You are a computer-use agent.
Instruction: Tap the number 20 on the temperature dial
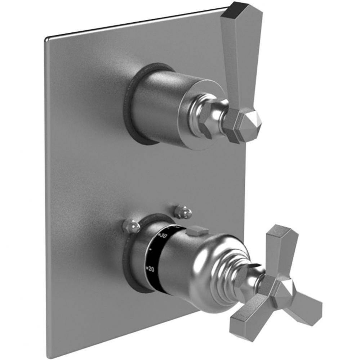coord(152,269)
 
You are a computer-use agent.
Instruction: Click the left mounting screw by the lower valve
coord(131,226)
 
